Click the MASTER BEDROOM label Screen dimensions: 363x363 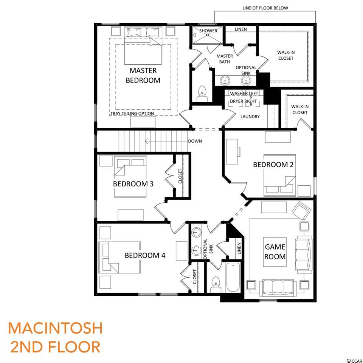143,75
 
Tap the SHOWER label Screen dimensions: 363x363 208,31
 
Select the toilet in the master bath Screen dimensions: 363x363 202,93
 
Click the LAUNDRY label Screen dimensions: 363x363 250,116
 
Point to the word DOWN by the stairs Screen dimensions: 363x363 195,141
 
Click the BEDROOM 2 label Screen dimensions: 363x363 273,164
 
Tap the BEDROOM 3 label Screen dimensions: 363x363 133,184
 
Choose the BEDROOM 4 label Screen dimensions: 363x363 145,255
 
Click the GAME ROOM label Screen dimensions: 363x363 275,252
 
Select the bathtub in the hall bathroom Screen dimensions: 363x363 233,277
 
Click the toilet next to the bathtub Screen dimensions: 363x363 216,284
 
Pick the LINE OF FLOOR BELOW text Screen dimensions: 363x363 265,8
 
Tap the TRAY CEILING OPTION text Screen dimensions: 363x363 132,113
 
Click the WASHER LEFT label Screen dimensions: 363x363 244,93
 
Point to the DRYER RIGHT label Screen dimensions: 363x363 243,101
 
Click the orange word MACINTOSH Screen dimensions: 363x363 55,328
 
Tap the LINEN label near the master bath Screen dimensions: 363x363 241,29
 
